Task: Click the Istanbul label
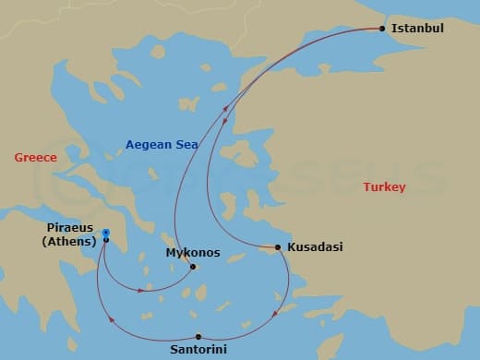[418, 29]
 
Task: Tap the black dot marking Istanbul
[382, 29]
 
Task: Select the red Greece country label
[35, 158]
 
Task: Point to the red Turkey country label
[384, 187]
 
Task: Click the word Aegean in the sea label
[146, 144]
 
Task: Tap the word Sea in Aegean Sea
[184, 144]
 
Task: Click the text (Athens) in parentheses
[70, 242]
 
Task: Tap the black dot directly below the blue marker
[106, 240]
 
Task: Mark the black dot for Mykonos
[192, 268]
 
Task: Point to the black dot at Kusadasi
[278, 247]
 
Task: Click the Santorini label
[198, 350]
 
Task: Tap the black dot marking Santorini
[198, 336]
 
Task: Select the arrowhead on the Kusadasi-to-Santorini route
[276, 316]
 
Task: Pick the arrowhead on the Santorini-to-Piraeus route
[112, 319]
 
